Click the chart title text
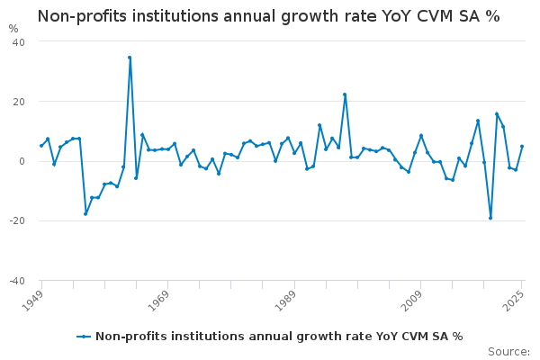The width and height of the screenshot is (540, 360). click(x=268, y=16)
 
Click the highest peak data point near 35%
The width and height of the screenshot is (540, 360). click(x=130, y=58)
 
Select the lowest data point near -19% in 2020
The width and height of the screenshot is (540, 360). click(x=490, y=218)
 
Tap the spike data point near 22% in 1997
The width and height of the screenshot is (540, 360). click(x=345, y=94)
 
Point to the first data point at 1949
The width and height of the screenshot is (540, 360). click(x=41, y=146)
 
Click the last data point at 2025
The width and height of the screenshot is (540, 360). click(x=522, y=147)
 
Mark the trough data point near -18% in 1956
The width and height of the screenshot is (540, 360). click(x=85, y=213)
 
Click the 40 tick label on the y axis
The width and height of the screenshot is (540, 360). click(x=18, y=42)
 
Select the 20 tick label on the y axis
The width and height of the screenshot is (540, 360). click(x=18, y=102)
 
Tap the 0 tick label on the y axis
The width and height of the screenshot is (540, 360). click(x=22, y=161)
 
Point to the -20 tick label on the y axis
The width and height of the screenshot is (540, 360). click(x=16, y=221)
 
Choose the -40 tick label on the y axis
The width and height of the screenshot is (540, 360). click(x=16, y=281)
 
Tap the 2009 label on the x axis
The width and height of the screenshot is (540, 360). click(x=411, y=300)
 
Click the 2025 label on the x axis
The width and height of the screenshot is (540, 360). click(x=513, y=300)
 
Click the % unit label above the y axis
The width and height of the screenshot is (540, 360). click(x=13, y=29)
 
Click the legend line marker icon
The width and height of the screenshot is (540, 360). click(x=84, y=337)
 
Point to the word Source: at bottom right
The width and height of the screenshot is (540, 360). click(x=508, y=351)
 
